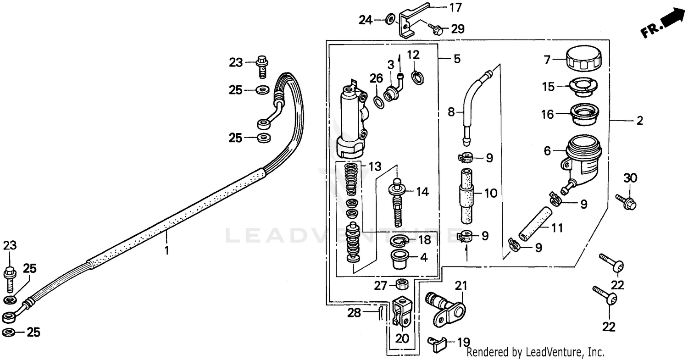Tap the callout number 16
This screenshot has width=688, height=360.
[547, 114]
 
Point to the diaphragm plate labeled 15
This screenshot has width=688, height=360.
[583, 87]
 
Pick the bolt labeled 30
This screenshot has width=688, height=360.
[627, 202]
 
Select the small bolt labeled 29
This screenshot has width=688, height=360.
[435, 30]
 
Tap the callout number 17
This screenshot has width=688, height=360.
[455, 7]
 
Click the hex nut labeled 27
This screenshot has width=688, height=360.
[402, 284]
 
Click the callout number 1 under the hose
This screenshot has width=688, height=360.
[167, 250]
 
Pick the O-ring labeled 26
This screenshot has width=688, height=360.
[379, 100]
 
